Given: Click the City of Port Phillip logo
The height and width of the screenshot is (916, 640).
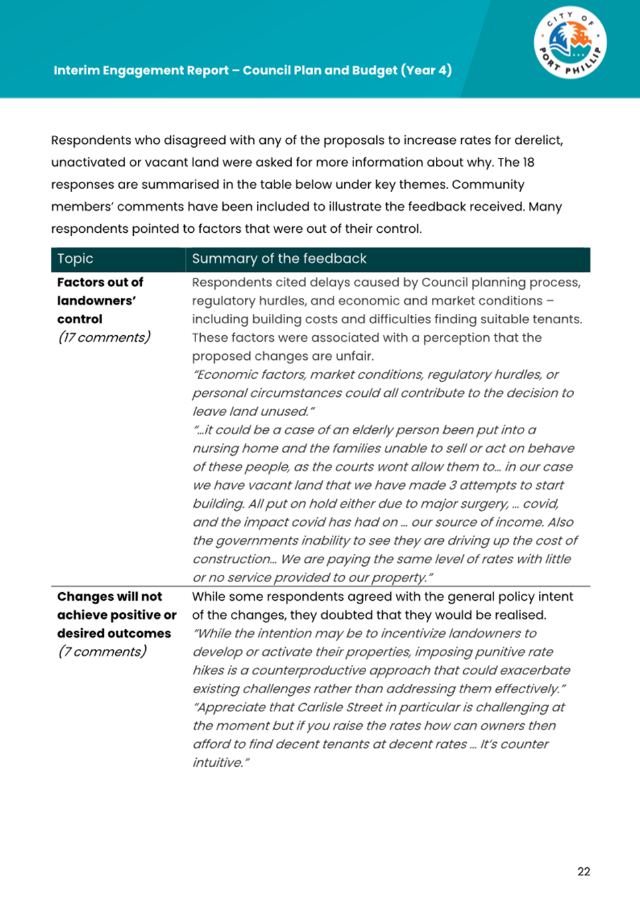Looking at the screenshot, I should pos(570,43).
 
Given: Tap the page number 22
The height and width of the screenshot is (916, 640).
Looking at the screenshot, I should pos(584,871).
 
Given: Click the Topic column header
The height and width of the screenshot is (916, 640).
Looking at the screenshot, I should pos(75,259).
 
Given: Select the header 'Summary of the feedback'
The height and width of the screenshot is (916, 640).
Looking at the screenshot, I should pos(279,259).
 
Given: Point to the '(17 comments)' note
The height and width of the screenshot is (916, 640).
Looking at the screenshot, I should pos(104,337).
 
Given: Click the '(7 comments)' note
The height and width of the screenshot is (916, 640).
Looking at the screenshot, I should pos(102,652).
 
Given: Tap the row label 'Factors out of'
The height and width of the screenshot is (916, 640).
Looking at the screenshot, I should pos(100,282).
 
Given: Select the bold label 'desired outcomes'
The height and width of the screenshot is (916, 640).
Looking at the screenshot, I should pos(114,633).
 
